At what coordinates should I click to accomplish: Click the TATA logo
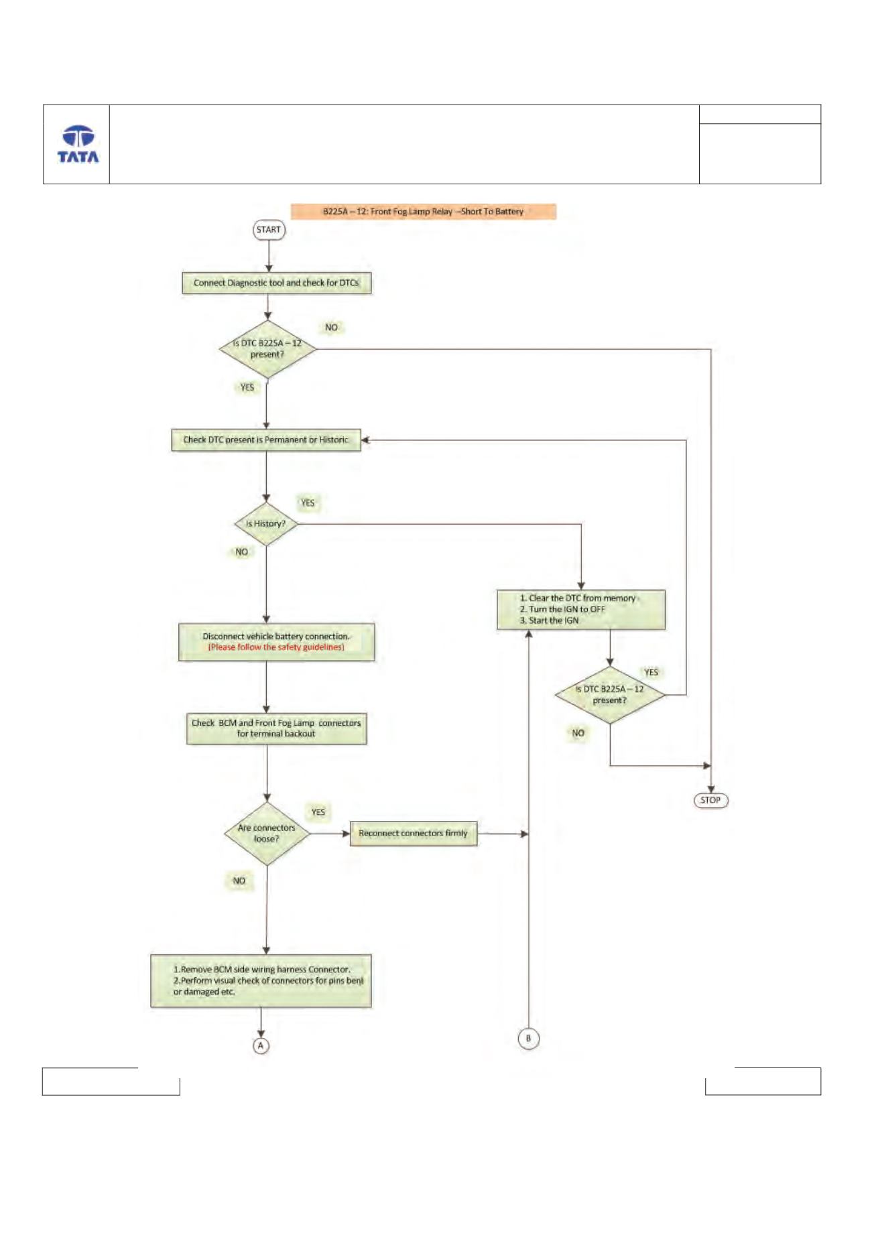pyautogui.click(x=78, y=144)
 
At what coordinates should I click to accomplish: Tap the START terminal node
pyautogui.click(x=269, y=230)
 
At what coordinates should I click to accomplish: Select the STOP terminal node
pyautogui.click(x=710, y=800)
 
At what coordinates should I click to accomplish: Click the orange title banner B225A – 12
pyautogui.click(x=424, y=212)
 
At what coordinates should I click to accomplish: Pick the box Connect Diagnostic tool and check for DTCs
pyautogui.click(x=276, y=283)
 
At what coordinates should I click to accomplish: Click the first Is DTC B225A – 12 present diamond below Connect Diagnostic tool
pyautogui.click(x=268, y=349)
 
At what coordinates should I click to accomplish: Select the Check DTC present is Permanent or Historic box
pyautogui.click(x=266, y=440)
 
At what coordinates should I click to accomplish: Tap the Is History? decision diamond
pyautogui.click(x=266, y=524)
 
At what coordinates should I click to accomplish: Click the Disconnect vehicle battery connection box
pyautogui.click(x=276, y=642)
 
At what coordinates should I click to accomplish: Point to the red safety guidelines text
pyautogui.click(x=276, y=647)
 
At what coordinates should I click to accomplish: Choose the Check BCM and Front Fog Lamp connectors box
pyautogui.click(x=276, y=728)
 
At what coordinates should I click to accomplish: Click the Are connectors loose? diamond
pyautogui.click(x=267, y=834)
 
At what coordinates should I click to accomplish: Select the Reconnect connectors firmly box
pyautogui.click(x=414, y=834)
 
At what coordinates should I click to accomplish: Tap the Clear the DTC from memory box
pyautogui.click(x=581, y=610)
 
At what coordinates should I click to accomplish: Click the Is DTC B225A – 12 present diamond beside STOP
pyautogui.click(x=610, y=695)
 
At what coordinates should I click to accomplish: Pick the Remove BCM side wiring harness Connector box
pyautogui.click(x=261, y=981)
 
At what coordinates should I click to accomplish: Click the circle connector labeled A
pyautogui.click(x=261, y=1045)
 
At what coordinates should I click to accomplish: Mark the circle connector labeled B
pyautogui.click(x=529, y=1039)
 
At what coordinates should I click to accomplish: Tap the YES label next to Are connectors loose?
pyautogui.click(x=318, y=812)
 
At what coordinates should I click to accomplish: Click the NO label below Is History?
pyautogui.click(x=242, y=552)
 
